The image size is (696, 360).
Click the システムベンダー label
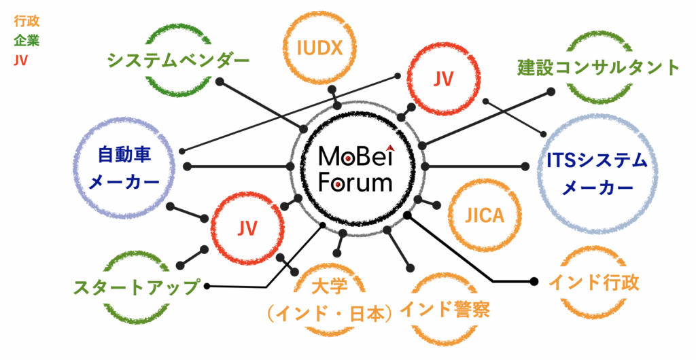(178, 61)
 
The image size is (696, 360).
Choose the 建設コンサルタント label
(598, 67)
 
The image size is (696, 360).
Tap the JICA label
(485, 216)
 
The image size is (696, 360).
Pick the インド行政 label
(593, 283)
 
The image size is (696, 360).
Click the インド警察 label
(445, 310)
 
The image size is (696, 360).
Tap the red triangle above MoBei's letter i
(389, 145)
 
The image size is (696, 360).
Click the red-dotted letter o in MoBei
(347, 159)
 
